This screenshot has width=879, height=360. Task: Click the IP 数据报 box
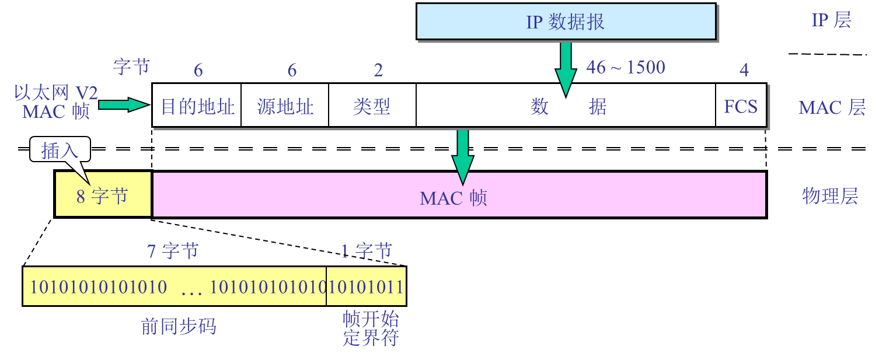pyautogui.click(x=566, y=22)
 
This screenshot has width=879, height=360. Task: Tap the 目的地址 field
pyautogui.click(x=197, y=106)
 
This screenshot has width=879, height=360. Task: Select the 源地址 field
pyautogui.click(x=285, y=106)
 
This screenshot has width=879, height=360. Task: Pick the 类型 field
pyautogui.click(x=372, y=106)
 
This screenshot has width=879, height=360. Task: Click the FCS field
pyautogui.click(x=741, y=106)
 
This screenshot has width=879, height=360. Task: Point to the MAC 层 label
pyautogui.click(x=832, y=107)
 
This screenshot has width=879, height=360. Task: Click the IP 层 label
pyautogui.click(x=831, y=20)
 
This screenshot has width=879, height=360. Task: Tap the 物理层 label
pyautogui.click(x=830, y=196)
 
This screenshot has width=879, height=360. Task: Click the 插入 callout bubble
pyautogui.click(x=60, y=150)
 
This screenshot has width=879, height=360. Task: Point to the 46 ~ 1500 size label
pyautogui.click(x=626, y=68)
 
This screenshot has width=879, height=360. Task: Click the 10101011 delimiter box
pyautogui.click(x=366, y=286)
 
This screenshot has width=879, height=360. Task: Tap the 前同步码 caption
pyautogui.click(x=179, y=326)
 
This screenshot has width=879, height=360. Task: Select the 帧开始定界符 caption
pyautogui.click(x=371, y=328)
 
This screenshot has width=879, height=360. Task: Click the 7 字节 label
pyautogui.click(x=173, y=251)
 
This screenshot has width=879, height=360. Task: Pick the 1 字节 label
pyautogui.click(x=367, y=251)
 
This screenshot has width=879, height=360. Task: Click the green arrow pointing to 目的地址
pyautogui.click(x=123, y=105)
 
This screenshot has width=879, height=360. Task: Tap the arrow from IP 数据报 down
pyautogui.click(x=565, y=67)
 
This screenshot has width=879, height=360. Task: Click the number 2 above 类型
pyautogui.click(x=378, y=71)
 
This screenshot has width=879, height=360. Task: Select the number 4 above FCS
pyautogui.click(x=744, y=71)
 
